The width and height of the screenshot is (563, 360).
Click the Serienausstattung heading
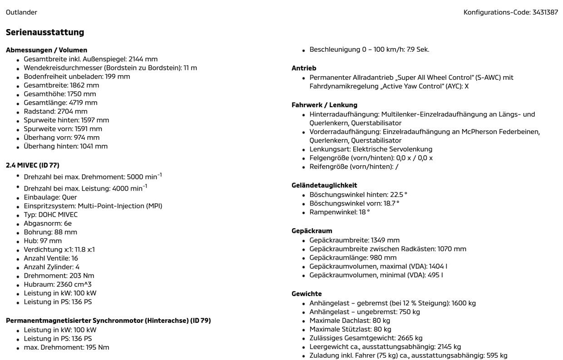click(x=45, y=32)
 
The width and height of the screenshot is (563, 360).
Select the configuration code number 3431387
click(x=545, y=12)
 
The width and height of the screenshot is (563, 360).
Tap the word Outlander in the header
click(x=21, y=12)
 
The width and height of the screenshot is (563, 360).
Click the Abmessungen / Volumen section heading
click(x=46, y=50)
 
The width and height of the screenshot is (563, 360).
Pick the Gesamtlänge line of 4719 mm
click(x=60, y=103)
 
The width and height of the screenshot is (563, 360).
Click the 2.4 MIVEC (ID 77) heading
click(x=33, y=165)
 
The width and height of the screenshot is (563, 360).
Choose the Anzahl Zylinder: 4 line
click(x=51, y=267)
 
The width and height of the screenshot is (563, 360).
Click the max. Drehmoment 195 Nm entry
click(x=66, y=347)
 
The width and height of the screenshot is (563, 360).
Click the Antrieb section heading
click(x=304, y=68)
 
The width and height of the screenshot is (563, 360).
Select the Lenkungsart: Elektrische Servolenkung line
click(x=370, y=149)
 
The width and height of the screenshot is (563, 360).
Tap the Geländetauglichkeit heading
click(x=324, y=185)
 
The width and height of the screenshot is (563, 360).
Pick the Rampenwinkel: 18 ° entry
click(x=339, y=212)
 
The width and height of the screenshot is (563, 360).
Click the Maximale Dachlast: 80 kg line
click(x=350, y=321)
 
